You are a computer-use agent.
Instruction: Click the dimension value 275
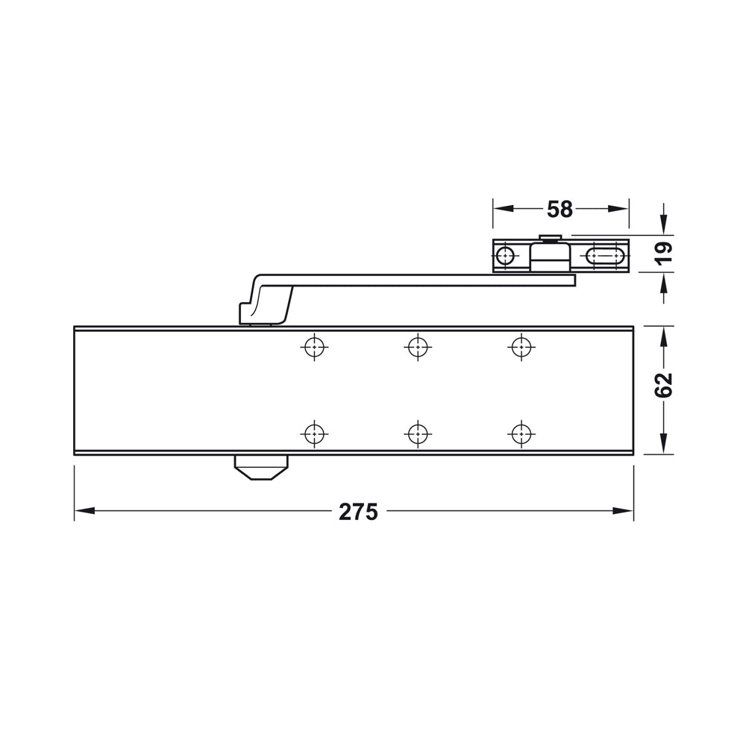(x=359, y=512)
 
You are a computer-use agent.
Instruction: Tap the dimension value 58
(x=559, y=210)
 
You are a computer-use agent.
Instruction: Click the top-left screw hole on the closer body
(x=315, y=345)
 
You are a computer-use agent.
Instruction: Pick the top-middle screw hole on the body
(x=418, y=345)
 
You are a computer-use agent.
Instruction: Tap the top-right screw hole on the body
(x=521, y=345)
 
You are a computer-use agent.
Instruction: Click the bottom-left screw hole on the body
(x=315, y=432)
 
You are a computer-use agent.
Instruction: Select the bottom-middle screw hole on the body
(x=418, y=432)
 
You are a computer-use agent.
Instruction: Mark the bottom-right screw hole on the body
(x=521, y=432)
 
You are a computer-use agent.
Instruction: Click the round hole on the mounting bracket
(x=507, y=257)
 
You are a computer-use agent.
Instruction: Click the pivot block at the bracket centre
(x=549, y=255)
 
